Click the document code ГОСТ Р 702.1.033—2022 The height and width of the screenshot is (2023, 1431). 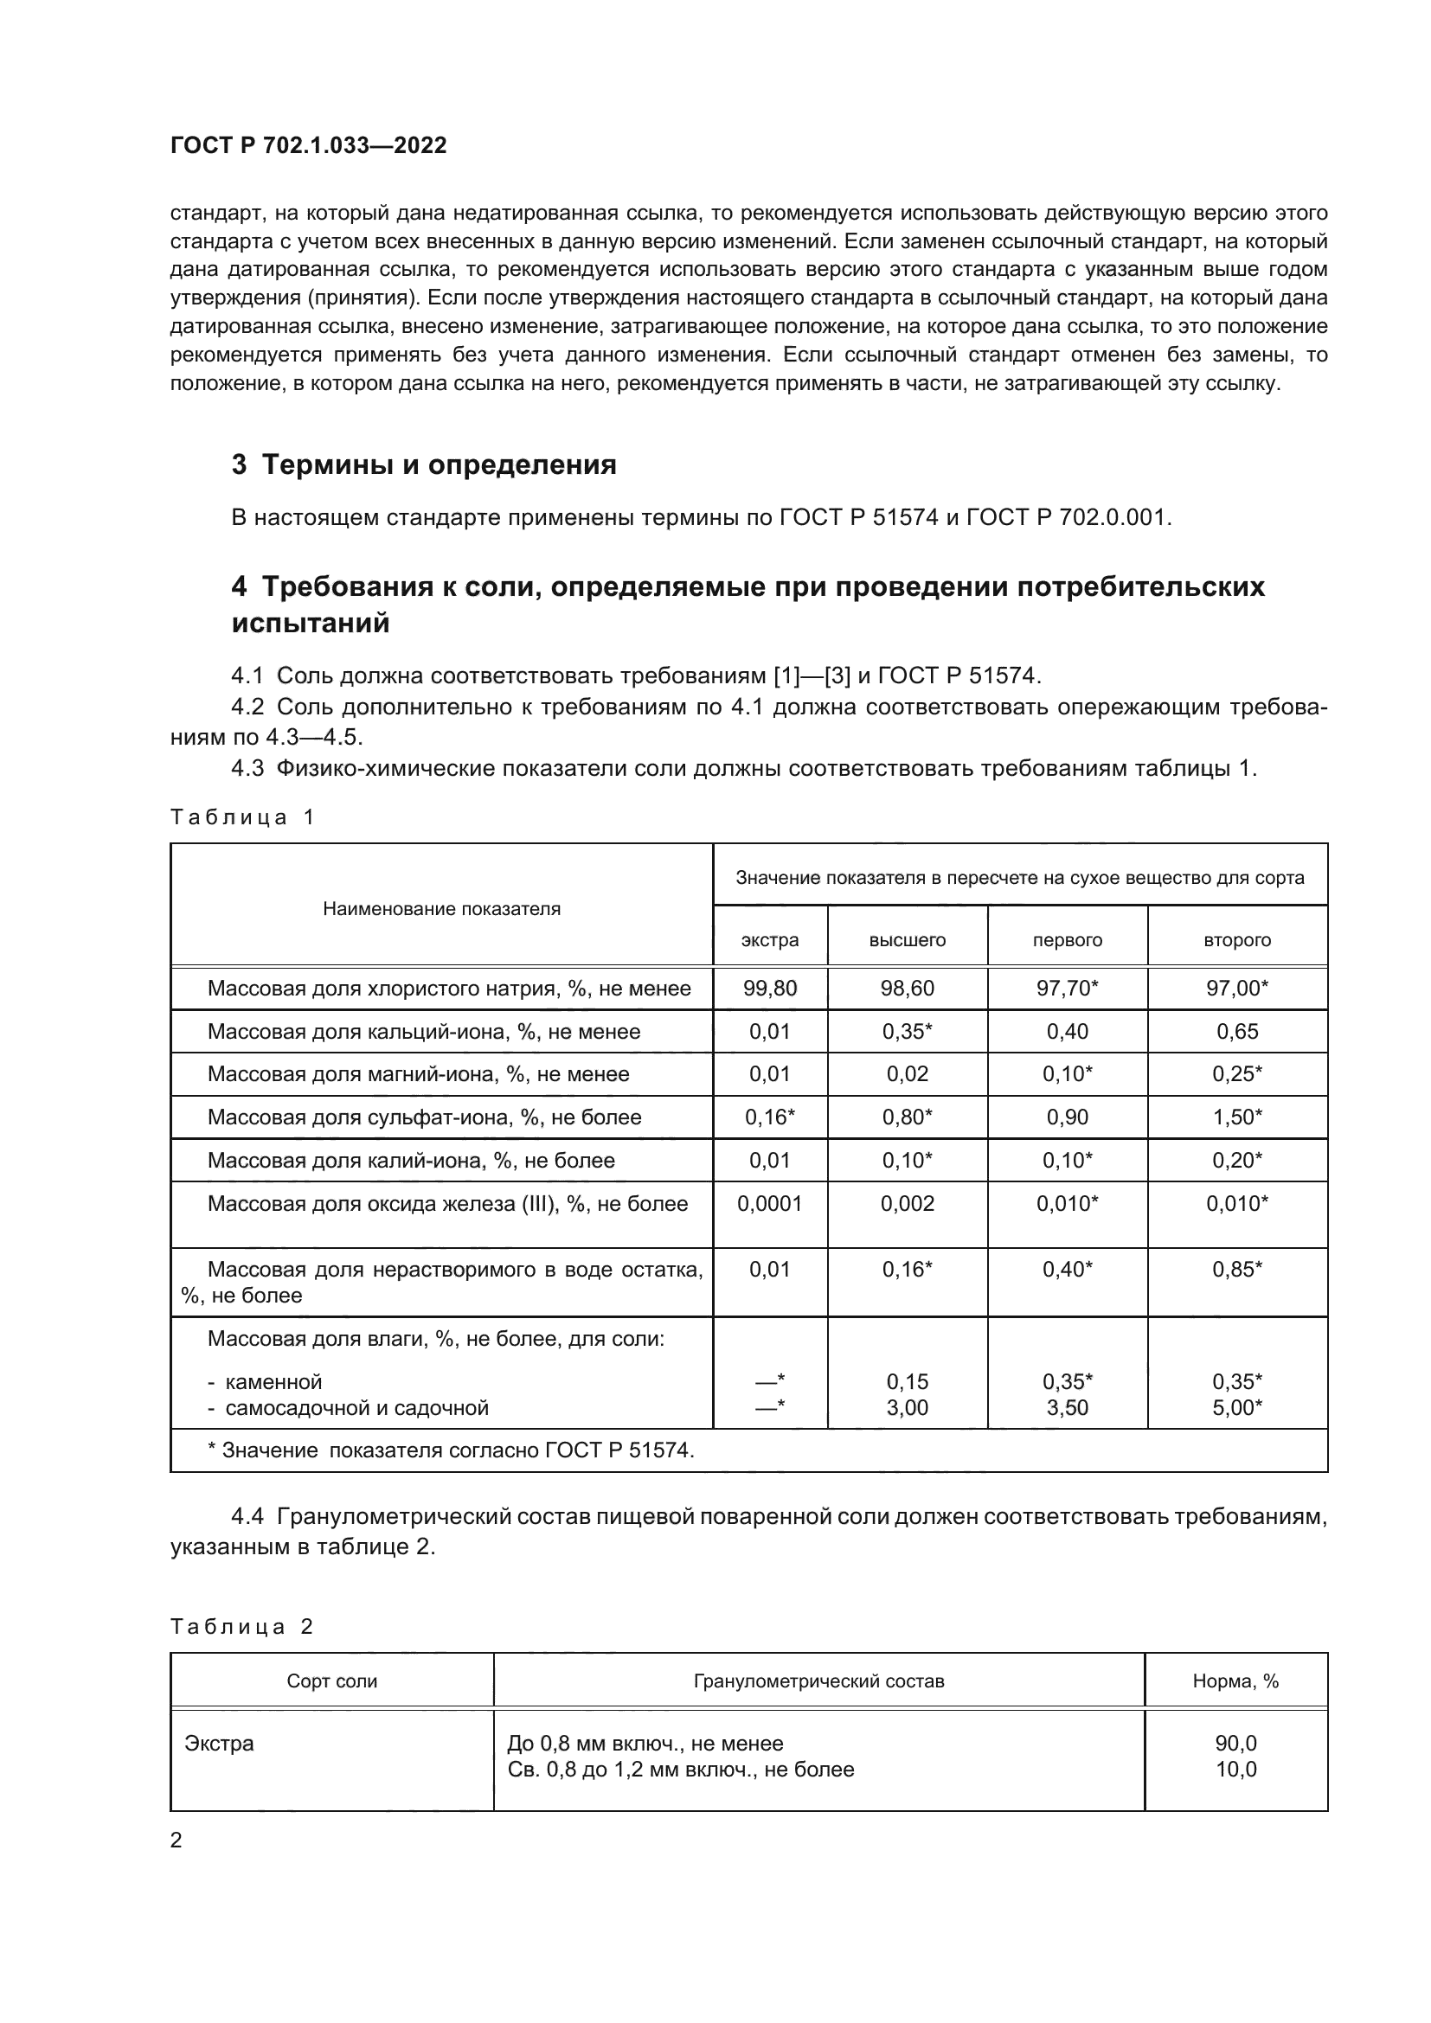308,145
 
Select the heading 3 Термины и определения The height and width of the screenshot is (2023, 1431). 424,464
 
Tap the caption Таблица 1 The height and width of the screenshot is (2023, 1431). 242,816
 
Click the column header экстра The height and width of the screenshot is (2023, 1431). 769,940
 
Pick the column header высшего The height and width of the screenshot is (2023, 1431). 907,940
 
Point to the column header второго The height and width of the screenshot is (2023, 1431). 1236,940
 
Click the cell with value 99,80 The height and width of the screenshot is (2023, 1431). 769,988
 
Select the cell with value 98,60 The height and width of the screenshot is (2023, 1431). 907,988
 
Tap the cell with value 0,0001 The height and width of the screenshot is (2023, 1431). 769,1204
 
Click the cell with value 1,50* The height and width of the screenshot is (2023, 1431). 1236,1117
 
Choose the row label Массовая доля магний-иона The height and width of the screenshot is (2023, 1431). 418,1074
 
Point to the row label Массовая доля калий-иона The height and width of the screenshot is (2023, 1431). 411,1161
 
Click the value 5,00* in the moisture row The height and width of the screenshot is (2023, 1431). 1236,1407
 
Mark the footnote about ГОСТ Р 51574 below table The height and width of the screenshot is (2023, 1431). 450,1450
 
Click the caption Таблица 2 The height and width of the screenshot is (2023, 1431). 242,1627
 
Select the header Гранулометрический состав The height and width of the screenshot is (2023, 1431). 818,1681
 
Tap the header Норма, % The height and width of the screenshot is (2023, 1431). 1235,1681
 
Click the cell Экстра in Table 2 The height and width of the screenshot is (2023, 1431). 220,1744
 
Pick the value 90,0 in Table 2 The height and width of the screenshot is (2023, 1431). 1235,1744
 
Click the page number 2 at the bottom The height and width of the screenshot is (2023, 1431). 176,1841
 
